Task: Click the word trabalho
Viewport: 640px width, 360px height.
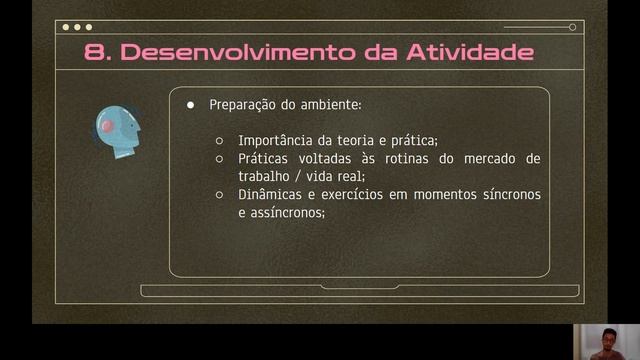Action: (x=266, y=176)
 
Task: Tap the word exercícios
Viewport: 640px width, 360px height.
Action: (x=353, y=195)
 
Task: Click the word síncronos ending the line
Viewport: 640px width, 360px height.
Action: (x=506, y=195)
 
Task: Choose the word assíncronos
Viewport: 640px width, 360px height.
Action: (x=292, y=213)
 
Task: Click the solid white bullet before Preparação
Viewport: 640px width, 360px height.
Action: (x=191, y=105)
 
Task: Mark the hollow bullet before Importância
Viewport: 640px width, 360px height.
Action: (x=219, y=140)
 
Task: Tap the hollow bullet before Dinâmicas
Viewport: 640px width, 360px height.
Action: (x=219, y=195)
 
